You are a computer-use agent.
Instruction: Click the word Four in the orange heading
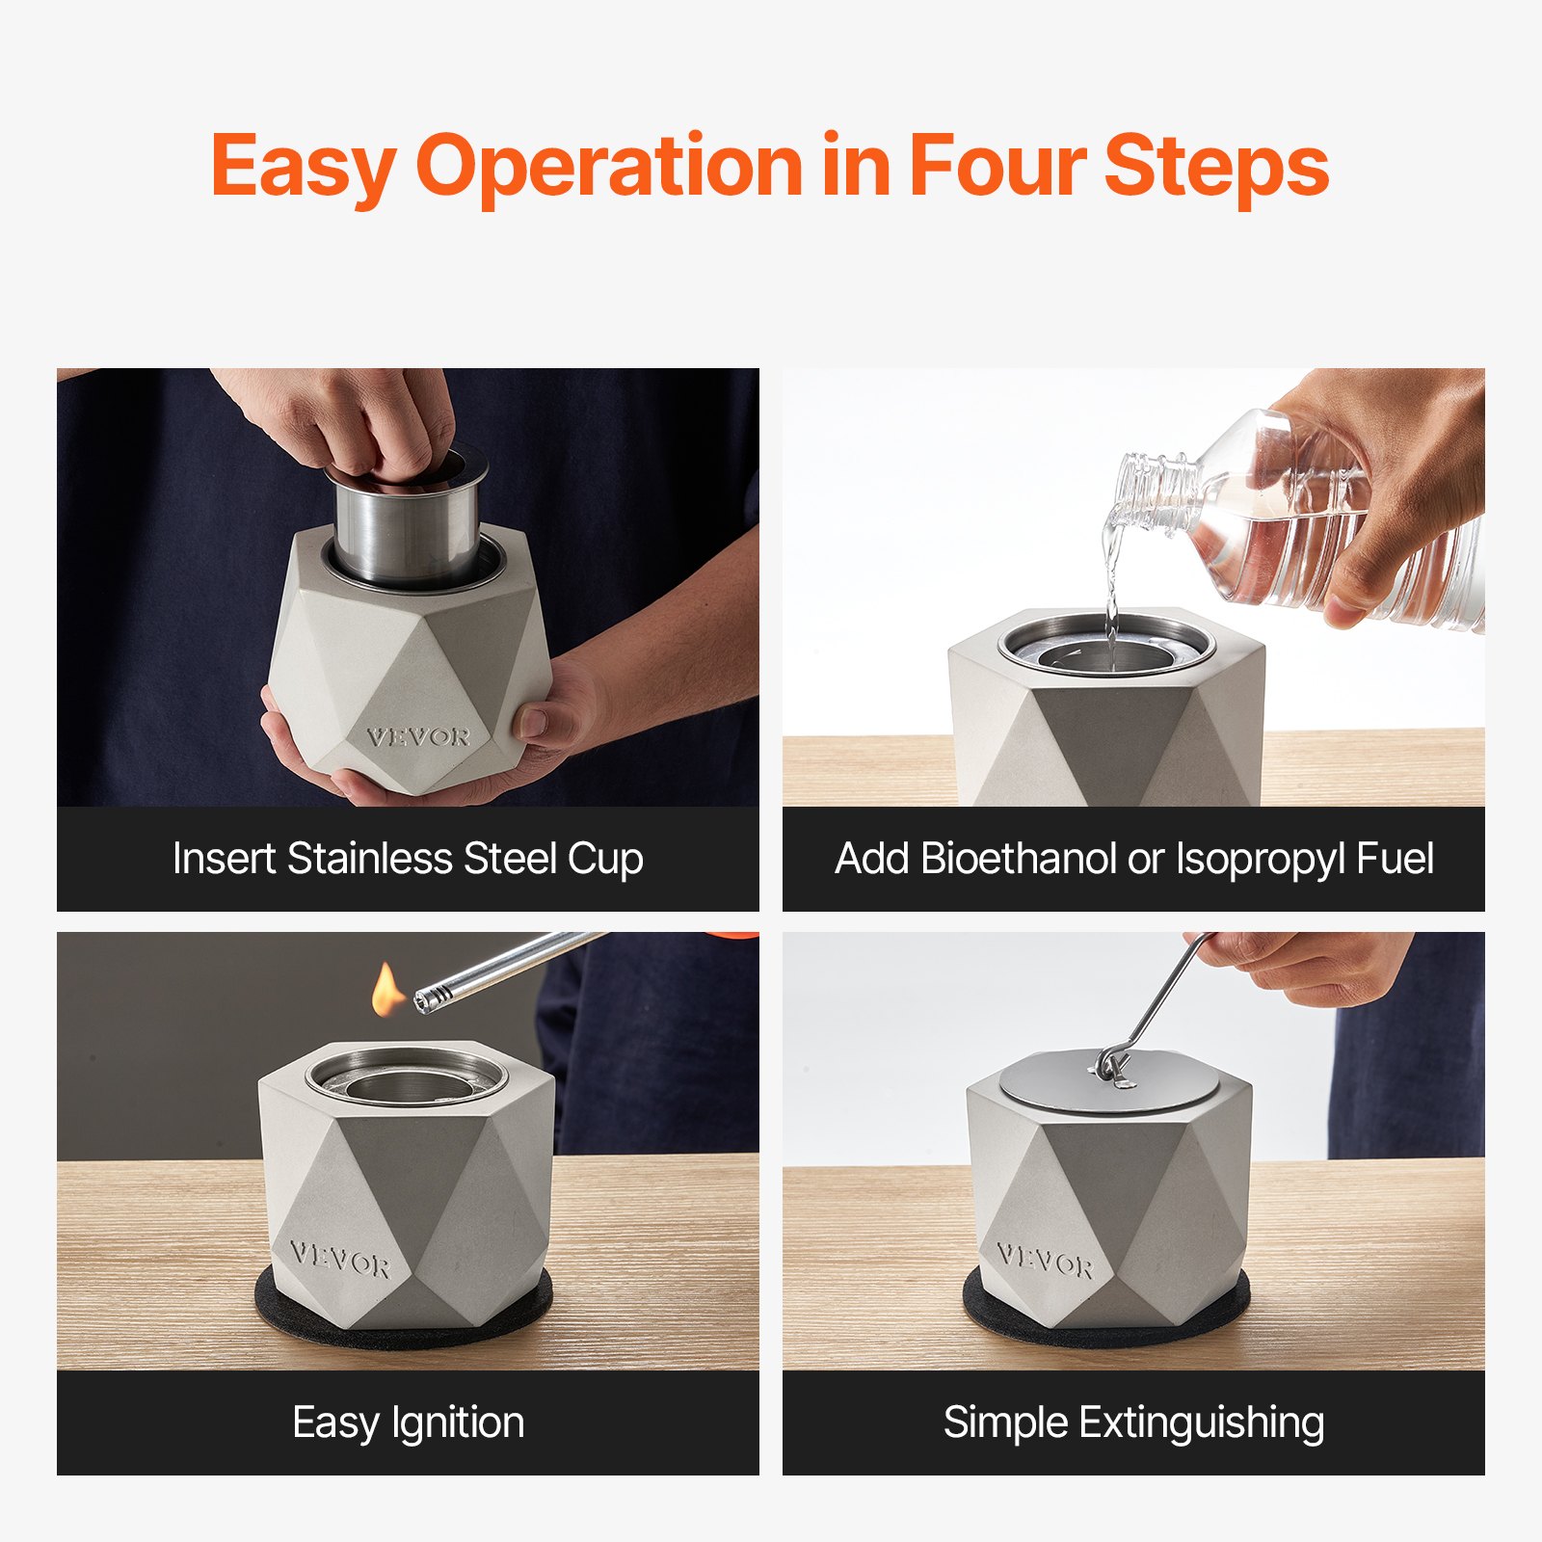click(x=997, y=166)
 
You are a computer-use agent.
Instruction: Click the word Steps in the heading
click(x=1216, y=166)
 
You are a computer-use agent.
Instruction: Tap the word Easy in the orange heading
click(x=303, y=166)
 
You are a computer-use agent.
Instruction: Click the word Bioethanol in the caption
click(x=1018, y=859)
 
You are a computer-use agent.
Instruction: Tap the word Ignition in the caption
click(x=457, y=1422)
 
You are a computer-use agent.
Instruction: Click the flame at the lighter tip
click(x=387, y=991)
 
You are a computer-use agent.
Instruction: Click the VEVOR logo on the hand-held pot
click(x=418, y=738)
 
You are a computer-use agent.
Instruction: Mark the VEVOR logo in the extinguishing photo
click(x=1046, y=1260)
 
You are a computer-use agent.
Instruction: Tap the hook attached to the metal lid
click(x=1114, y=1065)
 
